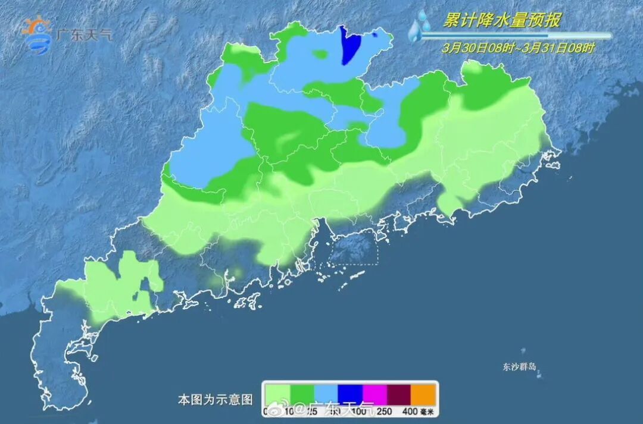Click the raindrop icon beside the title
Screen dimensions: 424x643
pos(420,26)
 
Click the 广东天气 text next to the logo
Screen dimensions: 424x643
pos(84,34)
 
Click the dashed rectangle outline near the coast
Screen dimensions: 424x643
pos(354,247)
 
